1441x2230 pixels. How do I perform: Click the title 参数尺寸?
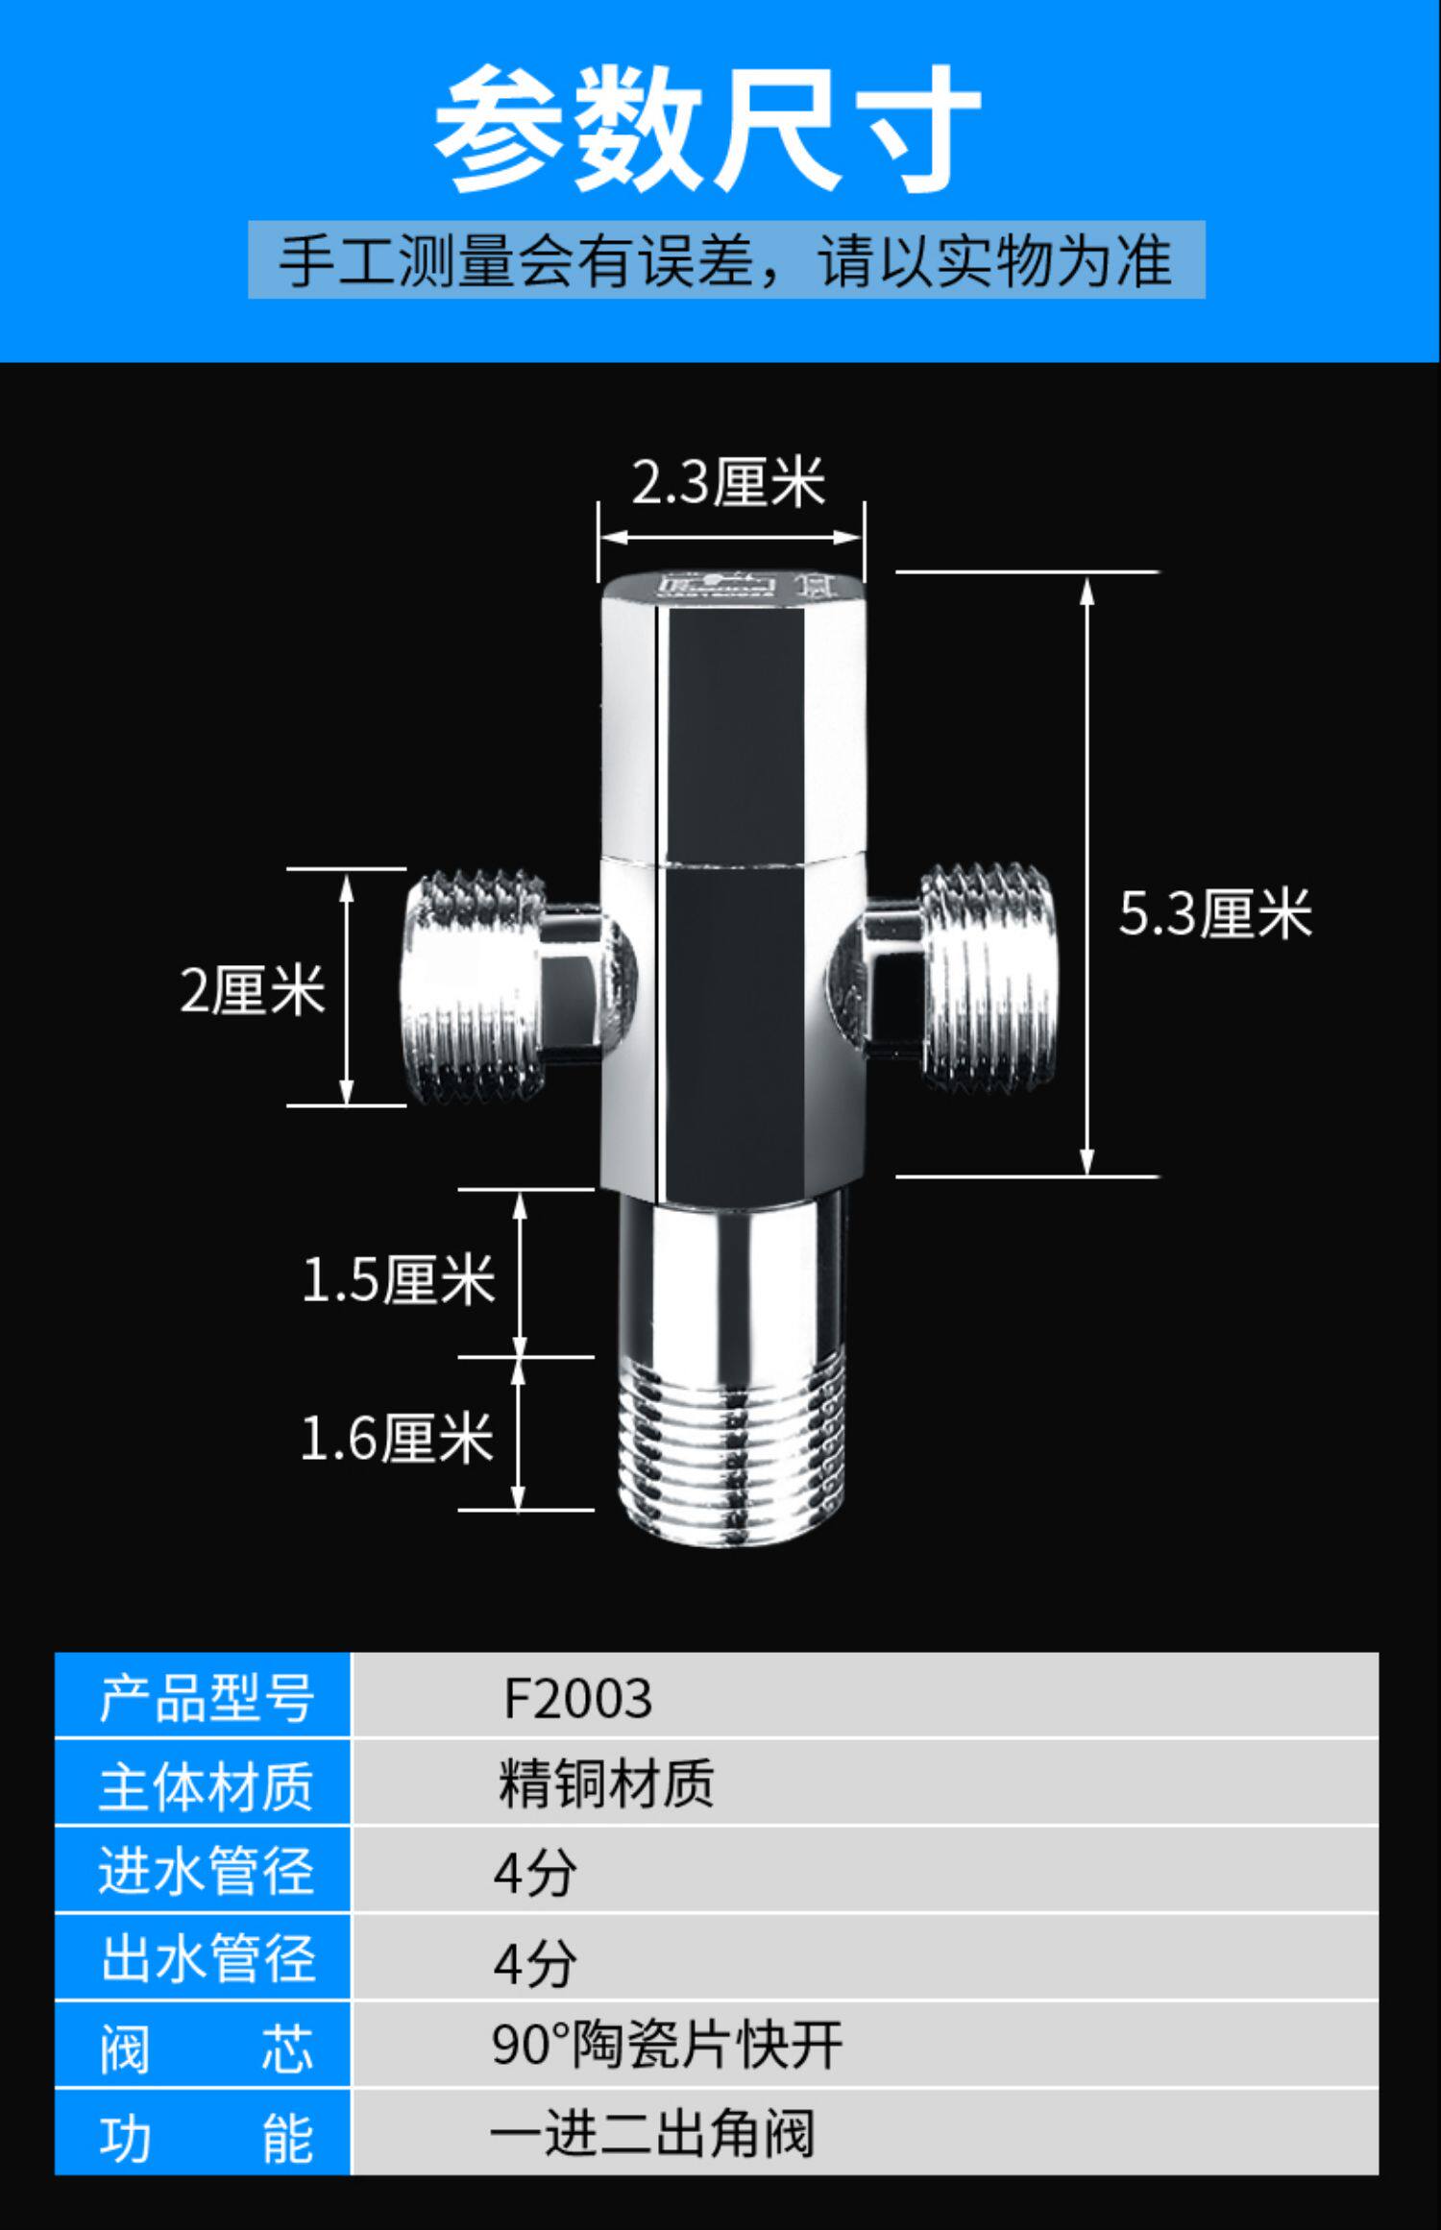pos(708,128)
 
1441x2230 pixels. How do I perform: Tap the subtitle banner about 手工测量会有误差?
pos(726,259)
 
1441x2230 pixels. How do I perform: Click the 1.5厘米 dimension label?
pos(398,1279)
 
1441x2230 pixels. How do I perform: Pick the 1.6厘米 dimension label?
pos(397,1438)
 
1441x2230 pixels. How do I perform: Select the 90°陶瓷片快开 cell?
pos(865,2045)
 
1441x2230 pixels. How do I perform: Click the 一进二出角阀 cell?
pos(865,2133)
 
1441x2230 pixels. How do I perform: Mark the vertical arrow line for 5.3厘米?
pos(1087,875)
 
